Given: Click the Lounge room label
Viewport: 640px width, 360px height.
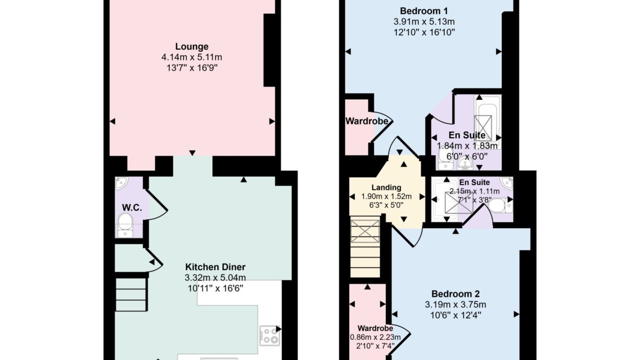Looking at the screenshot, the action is pyautogui.click(x=191, y=46).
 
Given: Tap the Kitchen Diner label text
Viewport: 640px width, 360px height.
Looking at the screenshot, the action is pyautogui.click(x=215, y=267).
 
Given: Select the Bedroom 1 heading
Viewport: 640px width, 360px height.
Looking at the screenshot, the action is pyautogui.click(x=423, y=11).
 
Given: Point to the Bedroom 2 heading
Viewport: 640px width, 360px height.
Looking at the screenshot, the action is pyautogui.click(x=455, y=294).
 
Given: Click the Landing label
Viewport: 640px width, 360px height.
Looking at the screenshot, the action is pyautogui.click(x=386, y=187).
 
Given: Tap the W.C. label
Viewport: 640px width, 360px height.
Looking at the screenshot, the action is pyautogui.click(x=132, y=207).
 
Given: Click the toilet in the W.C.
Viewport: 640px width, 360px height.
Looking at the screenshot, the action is pyautogui.click(x=125, y=225).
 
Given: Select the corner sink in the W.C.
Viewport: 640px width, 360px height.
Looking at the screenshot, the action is pyautogui.click(x=122, y=183).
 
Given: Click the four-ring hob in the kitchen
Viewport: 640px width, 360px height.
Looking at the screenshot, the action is pyautogui.click(x=269, y=335).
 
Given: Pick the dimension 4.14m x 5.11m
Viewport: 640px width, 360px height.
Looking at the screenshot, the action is pyautogui.click(x=191, y=57).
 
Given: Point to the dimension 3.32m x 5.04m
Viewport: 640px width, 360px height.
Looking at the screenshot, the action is pyautogui.click(x=215, y=277).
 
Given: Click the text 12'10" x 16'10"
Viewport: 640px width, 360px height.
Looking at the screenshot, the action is pyautogui.click(x=424, y=33).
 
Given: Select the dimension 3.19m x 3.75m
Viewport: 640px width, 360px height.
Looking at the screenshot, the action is pyautogui.click(x=455, y=305).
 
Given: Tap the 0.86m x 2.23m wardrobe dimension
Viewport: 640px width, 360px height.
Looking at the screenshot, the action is pyautogui.click(x=375, y=338).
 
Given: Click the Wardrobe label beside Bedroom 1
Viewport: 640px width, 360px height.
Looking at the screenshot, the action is pyautogui.click(x=367, y=121).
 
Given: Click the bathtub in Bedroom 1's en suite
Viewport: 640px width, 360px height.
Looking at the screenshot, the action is pyautogui.click(x=487, y=118).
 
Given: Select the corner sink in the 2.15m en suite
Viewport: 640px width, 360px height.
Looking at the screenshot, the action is pyautogui.click(x=507, y=183).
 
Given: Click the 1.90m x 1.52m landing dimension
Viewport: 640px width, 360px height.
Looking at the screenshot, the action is pyautogui.click(x=386, y=197).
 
